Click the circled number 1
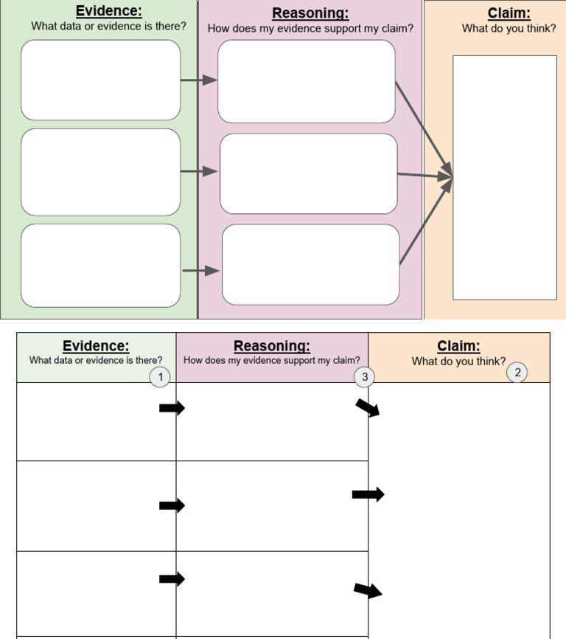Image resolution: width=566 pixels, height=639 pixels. click(160, 377)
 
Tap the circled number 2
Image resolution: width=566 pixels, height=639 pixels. click(517, 373)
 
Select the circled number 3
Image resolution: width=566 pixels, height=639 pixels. click(363, 377)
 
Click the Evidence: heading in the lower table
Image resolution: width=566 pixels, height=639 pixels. click(96, 346)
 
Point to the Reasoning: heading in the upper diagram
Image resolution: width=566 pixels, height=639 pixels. click(310, 13)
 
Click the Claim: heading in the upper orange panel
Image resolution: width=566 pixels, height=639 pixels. click(509, 13)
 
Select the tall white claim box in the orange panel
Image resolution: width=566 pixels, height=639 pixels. click(504, 177)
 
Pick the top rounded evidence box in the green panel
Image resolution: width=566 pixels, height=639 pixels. click(100, 80)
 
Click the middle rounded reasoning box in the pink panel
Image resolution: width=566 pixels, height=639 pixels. click(308, 173)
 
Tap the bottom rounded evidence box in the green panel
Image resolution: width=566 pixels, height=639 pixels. click(100, 266)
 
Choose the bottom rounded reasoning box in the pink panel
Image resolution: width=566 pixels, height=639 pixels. click(310, 264)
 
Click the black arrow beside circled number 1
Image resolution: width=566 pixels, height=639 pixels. click(172, 408)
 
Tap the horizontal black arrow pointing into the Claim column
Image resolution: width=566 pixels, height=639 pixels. click(368, 494)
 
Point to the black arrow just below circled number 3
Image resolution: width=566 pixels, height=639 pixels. click(368, 407)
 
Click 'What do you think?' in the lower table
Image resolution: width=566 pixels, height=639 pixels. click(458, 362)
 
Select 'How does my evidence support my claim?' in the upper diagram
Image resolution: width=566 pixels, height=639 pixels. click(310, 29)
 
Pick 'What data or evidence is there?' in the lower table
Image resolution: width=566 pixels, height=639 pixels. click(96, 361)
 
